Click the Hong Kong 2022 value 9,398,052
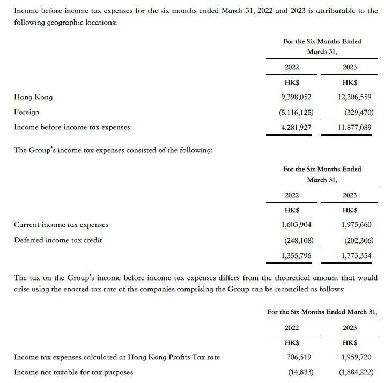(x=296, y=97)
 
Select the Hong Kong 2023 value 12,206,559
(x=355, y=97)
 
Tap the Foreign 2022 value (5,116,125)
(x=296, y=112)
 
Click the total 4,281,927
(x=296, y=127)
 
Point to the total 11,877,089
(x=355, y=127)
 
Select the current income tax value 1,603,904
(x=296, y=225)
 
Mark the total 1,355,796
(x=296, y=256)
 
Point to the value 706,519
(x=299, y=357)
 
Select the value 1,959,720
(x=357, y=357)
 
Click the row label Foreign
(x=26, y=112)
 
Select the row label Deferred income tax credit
(x=58, y=240)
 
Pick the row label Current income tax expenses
(x=61, y=225)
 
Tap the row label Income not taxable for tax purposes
(x=73, y=372)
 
